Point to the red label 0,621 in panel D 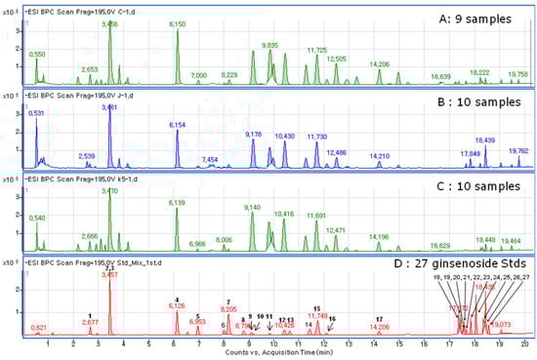(x=38, y=327)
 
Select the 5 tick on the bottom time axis (x=148, y=343)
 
